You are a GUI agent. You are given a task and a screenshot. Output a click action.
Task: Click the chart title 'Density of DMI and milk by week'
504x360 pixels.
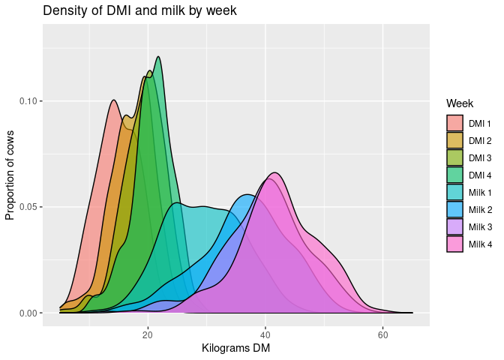[140, 10]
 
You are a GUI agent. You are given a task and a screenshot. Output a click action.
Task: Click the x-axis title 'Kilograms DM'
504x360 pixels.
[235, 348]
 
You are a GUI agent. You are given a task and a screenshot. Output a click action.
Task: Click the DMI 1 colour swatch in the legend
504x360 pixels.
[454, 122]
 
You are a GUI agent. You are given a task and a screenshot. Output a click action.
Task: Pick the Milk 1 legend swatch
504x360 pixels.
[454, 192]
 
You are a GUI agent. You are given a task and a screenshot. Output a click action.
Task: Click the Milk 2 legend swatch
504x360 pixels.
[454, 209]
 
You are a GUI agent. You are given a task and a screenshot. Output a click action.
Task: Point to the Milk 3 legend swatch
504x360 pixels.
[454, 226]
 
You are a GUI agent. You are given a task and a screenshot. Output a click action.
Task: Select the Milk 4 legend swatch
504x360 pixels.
[454, 244]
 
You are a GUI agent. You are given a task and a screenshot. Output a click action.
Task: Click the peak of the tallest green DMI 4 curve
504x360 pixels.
[158, 57]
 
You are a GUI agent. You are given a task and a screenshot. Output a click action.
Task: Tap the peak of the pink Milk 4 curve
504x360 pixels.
[275, 173]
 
